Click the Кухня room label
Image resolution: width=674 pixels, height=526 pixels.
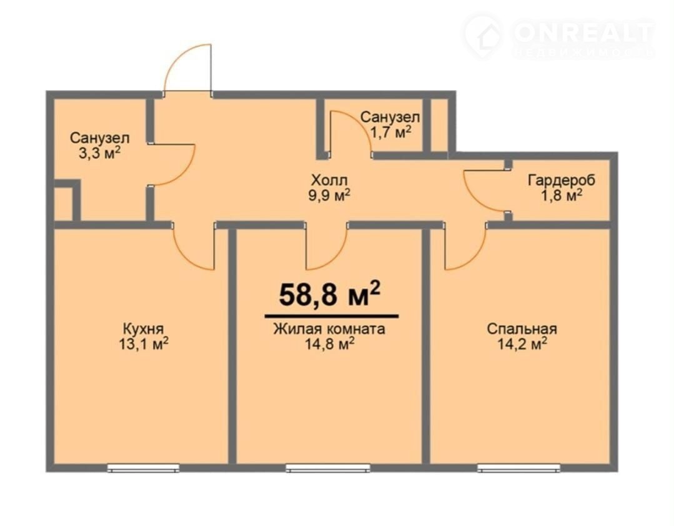pyautogui.click(x=143, y=329)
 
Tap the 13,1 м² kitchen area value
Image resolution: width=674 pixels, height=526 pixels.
pyautogui.click(x=144, y=344)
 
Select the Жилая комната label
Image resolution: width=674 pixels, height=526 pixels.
pyautogui.click(x=329, y=329)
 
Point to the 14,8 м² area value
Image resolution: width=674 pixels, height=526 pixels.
pyautogui.click(x=329, y=344)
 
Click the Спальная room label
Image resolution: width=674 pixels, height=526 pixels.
pyautogui.click(x=522, y=329)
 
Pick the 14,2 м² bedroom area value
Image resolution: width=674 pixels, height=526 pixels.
pyautogui.click(x=522, y=344)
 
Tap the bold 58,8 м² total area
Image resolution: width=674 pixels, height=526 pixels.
pyautogui.click(x=330, y=295)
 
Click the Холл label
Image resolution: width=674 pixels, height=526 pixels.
pyautogui.click(x=329, y=180)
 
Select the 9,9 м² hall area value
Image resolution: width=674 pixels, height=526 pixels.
pyautogui.click(x=329, y=195)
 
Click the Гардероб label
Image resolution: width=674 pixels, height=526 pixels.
pyautogui.click(x=562, y=180)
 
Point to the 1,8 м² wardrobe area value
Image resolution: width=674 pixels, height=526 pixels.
pyautogui.click(x=562, y=195)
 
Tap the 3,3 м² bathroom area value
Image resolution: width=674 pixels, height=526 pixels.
pyautogui.click(x=99, y=154)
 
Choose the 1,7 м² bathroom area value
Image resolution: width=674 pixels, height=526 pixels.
pyautogui.click(x=390, y=132)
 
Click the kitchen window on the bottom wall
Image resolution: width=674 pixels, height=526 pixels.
pyautogui.click(x=143, y=468)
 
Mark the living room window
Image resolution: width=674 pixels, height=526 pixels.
pyautogui.click(x=328, y=468)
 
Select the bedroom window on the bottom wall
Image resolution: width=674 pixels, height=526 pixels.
pyautogui.click(x=519, y=468)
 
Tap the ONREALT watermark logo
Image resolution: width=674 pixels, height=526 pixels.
pyautogui.click(x=559, y=36)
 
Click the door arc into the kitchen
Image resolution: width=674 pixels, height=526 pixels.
pyautogui.click(x=186, y=258)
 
